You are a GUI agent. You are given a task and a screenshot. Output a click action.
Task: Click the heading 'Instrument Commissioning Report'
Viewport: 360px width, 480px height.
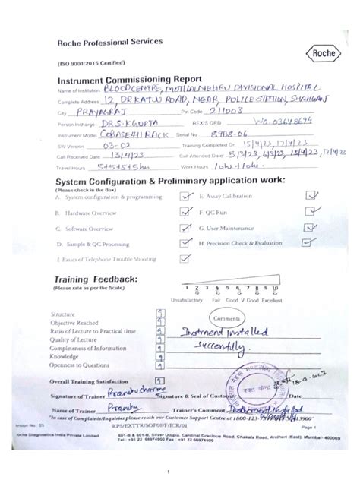[130, 78]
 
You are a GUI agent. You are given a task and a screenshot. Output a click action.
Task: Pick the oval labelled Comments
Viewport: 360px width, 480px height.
[226, 318]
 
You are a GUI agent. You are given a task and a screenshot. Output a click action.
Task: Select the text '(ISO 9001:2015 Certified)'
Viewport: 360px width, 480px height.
[87, 65]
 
